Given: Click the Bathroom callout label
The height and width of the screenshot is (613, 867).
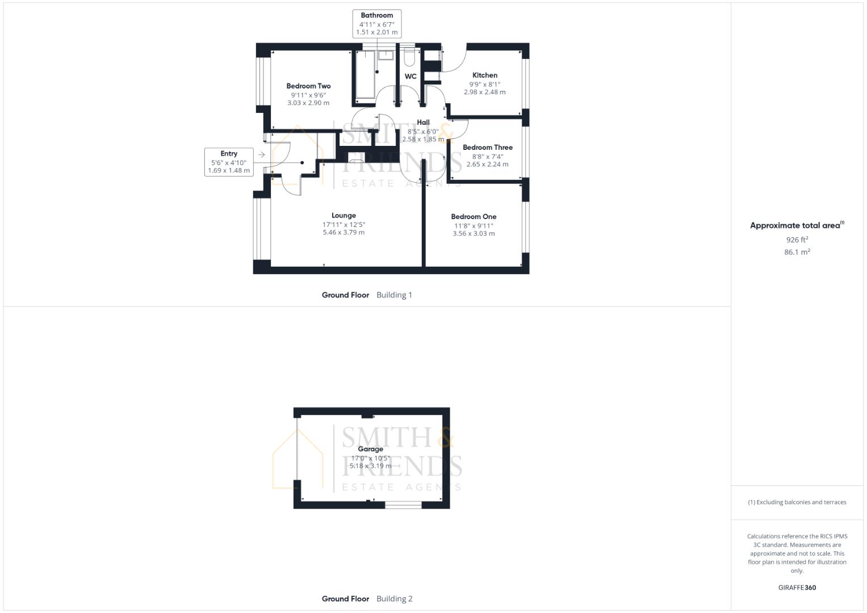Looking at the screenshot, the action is [x=376, y=24].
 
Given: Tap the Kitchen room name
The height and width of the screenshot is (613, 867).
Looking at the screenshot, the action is [x=484, y=75].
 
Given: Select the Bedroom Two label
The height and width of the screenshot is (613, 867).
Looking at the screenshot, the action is [x=308, y=86].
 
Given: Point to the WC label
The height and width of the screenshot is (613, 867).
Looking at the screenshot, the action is [x=411, y=76].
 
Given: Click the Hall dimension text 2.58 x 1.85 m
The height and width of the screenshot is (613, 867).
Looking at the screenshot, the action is [x=423, y=139].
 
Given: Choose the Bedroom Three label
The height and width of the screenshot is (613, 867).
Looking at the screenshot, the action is [x=488, y=148].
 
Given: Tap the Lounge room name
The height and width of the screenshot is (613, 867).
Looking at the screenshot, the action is [x=344, y=216].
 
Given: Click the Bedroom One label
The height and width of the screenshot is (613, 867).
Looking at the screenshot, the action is [x=474, y=217].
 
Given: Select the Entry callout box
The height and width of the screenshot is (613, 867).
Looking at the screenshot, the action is [x=229, y=162].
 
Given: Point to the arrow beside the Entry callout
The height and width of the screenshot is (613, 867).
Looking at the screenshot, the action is [x=262, y=155].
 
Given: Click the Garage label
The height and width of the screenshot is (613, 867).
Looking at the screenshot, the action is [x=370, y=449].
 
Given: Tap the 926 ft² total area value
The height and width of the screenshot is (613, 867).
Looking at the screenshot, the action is [x=797, y=240].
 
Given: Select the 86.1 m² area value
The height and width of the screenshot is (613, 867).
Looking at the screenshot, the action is [x=797, y=252].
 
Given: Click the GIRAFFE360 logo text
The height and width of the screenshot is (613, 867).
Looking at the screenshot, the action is [x=797, y=587].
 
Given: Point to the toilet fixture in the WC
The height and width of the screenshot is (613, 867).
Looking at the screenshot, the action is [x=409, y=57].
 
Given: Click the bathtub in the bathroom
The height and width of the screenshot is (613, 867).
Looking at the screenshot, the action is [x=366, y=74].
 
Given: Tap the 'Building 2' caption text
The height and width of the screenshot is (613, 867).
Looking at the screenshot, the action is [x=395, y=599].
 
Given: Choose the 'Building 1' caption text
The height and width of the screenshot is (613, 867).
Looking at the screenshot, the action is [x=395, y=295].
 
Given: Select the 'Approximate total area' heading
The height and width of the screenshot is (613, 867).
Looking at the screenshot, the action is [x=795, y=226].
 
